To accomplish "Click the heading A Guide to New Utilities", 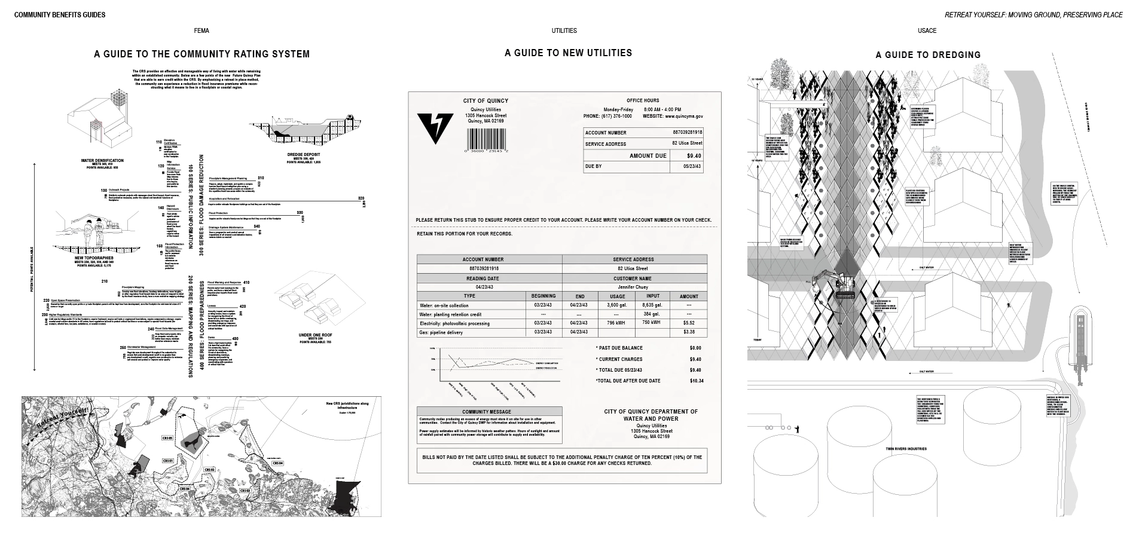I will point(568,53).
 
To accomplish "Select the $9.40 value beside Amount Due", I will point(694,156).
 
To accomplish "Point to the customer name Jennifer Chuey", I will point(634,287).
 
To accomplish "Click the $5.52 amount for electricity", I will point(688,323).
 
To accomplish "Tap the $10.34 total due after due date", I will point(697,381).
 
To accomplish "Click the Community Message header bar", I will point(489,412).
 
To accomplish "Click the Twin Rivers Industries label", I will point(906,448).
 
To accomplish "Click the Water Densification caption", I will point(102,161).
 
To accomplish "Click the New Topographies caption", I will point(94,258).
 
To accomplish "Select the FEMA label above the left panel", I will point(201,30).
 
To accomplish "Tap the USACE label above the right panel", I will point(927,30).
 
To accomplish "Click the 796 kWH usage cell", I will point(616,323).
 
